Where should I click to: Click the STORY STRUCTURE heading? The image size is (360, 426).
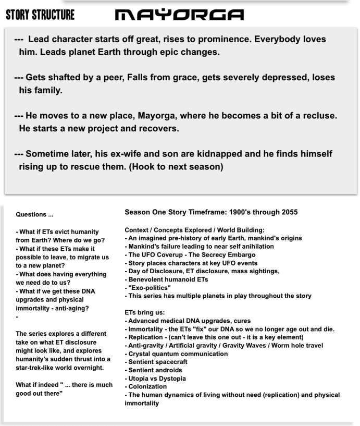40,15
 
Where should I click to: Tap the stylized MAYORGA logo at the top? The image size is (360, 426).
179,15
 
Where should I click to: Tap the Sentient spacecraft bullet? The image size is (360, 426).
157,362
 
